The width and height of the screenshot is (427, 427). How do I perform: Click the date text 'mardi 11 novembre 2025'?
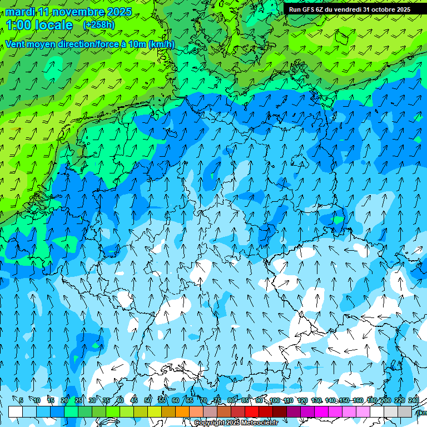68,12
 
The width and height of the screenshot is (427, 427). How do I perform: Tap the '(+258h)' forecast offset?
99,25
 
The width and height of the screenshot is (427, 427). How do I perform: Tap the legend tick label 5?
21,401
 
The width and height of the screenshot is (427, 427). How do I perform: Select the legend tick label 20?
64,401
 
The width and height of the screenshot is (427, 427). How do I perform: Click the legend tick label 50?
148,401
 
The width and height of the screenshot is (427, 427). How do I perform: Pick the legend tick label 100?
274,401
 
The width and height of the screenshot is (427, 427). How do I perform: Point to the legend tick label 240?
413,401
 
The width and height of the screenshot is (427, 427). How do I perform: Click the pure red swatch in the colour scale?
252,411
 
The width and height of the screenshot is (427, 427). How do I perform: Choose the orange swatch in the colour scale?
182,411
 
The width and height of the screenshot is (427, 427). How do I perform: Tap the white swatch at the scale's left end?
15,411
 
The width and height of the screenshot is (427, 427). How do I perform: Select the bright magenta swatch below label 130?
321,411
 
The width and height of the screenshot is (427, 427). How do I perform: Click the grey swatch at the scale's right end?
405,411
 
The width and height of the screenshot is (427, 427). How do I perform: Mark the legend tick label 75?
217,401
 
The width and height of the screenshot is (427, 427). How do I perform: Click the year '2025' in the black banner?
400,9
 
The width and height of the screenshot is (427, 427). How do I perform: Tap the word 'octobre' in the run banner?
376,9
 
